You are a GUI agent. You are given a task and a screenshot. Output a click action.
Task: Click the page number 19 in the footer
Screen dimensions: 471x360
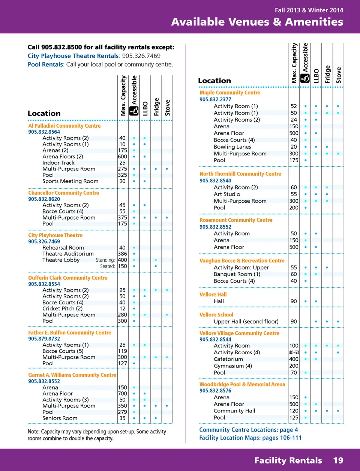point(338,460)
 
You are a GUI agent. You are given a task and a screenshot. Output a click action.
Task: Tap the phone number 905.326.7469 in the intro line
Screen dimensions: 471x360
point(141,56)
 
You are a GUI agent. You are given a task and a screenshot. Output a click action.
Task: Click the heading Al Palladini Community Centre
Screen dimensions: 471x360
point(64,126)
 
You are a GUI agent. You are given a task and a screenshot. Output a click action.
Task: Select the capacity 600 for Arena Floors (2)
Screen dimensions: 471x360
point(122,156)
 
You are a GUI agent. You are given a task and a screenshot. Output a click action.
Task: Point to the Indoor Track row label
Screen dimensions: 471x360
point(58,163)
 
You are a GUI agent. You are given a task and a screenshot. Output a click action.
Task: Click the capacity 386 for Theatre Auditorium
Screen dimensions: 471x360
point(122,254)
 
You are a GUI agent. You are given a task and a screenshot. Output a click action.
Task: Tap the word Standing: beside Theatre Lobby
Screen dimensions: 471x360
point(105,260)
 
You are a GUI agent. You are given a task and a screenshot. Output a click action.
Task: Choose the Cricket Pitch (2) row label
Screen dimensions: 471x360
point(62,308)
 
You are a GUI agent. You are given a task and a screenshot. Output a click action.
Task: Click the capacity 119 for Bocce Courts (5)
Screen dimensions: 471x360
point(122,351)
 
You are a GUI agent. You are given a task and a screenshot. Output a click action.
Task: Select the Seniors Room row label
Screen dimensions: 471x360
point(60,418)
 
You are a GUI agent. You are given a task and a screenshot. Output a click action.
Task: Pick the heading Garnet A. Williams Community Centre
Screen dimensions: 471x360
point(72,375)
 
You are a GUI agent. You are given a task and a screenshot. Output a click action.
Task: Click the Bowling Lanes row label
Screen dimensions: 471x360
point(232,147)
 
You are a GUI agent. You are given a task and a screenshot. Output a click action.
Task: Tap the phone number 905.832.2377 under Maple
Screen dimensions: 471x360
point(215,99)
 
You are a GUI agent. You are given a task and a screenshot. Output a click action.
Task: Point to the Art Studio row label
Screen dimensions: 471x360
point(226,194)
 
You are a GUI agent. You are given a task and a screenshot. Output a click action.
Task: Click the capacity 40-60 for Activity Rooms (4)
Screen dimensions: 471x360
point(294,352)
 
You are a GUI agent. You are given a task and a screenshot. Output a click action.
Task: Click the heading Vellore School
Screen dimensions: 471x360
point(216,315)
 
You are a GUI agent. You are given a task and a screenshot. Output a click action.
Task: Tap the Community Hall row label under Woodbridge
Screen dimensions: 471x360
point(234,411)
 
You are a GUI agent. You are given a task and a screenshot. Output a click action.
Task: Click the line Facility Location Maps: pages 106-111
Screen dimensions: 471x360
point(250,438)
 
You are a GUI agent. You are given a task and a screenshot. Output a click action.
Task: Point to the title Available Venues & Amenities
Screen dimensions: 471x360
point(257,22)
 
